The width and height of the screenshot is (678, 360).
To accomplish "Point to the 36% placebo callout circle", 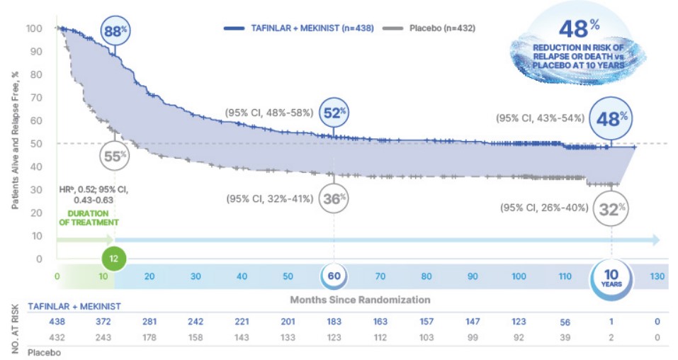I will [x=334, y=198].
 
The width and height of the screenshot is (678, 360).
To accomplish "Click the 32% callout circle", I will [x=611, y=208].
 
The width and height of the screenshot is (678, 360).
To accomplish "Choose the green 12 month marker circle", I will [x=114, y=259].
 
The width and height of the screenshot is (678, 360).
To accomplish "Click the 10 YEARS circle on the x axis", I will [x=611, y=276].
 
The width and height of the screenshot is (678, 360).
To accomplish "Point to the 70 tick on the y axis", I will [x=34, y=98].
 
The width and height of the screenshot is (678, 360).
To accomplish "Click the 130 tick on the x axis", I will [x=657, y=276].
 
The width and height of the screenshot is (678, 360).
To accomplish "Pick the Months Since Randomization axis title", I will [x=360, y=300].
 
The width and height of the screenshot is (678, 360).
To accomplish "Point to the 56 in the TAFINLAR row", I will [x=565, y=322].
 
